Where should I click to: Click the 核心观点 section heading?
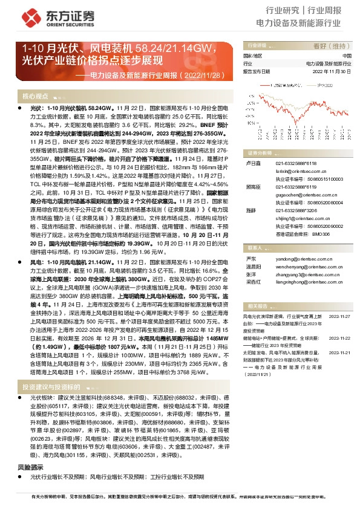(x=35, y=97)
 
